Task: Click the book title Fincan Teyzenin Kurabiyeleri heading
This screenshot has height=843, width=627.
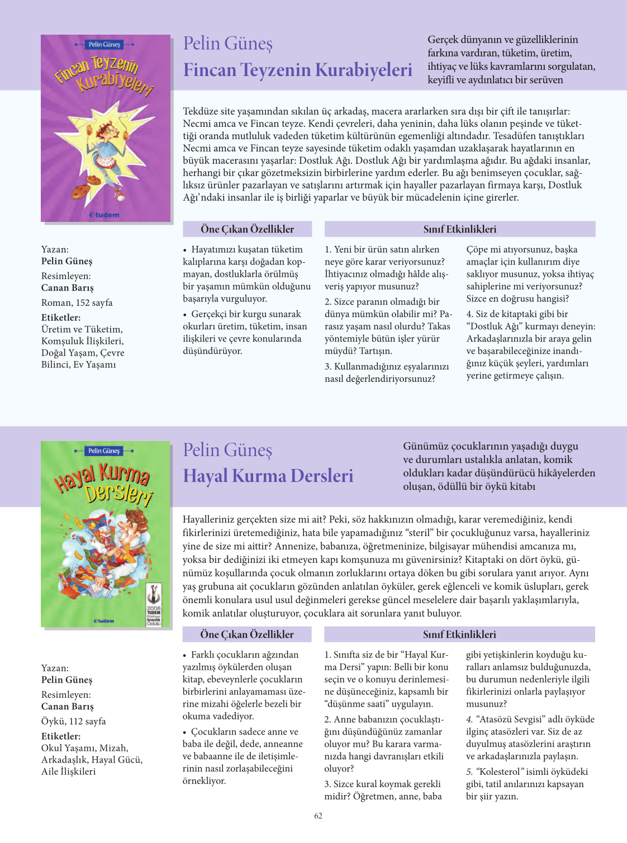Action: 297,70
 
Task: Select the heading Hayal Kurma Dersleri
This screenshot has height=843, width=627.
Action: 268,476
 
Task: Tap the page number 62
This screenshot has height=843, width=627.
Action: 318,816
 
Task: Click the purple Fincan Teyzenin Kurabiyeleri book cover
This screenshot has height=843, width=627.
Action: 106,128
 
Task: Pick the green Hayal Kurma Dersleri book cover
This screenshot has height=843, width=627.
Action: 106,534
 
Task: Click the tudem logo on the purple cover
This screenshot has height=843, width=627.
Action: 105,215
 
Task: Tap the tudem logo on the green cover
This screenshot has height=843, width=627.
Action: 104,621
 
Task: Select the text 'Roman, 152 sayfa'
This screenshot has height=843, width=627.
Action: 77,303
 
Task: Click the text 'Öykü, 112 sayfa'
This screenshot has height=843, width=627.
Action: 74,721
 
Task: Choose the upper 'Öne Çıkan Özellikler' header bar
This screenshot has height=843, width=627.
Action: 247,229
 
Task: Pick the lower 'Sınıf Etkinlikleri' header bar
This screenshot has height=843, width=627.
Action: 459,634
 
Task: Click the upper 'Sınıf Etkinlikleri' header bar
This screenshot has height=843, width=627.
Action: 459,229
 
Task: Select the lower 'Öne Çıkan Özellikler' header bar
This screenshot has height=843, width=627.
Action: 247,634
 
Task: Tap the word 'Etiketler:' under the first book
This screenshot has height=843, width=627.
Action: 61,318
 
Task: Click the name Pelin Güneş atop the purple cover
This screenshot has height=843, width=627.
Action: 104,45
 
